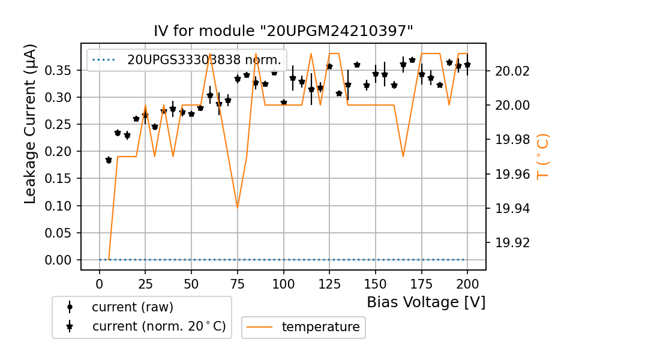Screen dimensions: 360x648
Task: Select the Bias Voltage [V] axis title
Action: coord(426,302)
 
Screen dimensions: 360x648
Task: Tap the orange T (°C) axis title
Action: coord(542,157)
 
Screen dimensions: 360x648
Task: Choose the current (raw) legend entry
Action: coord(132,307)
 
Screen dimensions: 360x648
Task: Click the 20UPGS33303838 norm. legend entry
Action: coord(203,59)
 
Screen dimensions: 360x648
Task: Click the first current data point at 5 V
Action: coord(109,160)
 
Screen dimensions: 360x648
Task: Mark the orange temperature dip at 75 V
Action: coord(238,208)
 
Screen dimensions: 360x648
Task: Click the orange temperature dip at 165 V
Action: coord(403,157)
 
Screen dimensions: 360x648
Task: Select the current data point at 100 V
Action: coord(284,103)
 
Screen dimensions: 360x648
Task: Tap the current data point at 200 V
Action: coord(467,64)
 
